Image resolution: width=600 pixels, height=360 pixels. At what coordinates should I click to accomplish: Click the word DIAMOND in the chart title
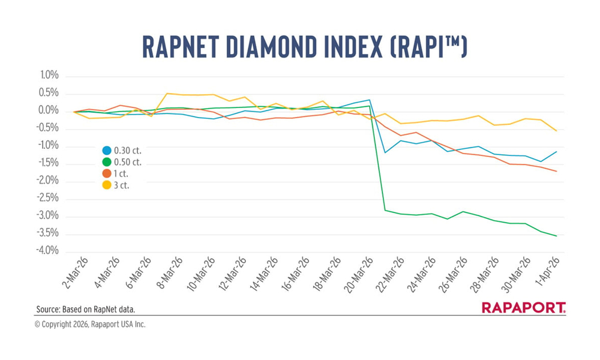pyautogui.click(x=264, y=47)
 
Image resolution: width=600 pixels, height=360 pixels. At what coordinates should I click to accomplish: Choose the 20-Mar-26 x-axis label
pyautogui.click(x=362, y=273)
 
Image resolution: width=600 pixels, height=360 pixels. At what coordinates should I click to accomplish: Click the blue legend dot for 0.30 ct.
pyautogui.click(x=107, y=151)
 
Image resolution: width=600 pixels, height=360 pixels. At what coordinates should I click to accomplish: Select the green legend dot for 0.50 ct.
pyautogui.click(x=107, y=162)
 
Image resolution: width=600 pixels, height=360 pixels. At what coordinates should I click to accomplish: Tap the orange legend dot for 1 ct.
pyautogui.click(x=107, y=173)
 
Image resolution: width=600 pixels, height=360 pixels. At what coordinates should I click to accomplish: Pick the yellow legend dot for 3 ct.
pyautogui.click(x=107, y=185)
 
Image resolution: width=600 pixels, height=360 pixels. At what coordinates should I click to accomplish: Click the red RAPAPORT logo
pyautogui.click(x=523, y=308)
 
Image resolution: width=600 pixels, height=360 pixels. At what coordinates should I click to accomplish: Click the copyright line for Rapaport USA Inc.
pyautogui.click(x=90, y=325)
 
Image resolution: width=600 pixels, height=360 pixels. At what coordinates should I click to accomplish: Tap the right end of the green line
pyautogui.click(x=557, y=236)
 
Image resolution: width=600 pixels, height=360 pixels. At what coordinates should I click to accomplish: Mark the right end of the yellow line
pyautogui.click(x=557, y=131)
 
